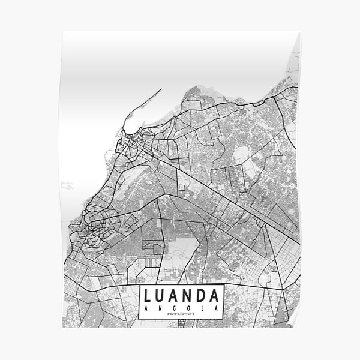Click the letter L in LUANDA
coord(148,296)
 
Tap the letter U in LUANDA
coord(162,296)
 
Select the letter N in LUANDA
coord(191,296)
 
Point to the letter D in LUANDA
coord(205,296)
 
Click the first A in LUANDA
coord(176,296)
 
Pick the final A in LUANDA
coord(218,296)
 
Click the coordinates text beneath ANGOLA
coord(182,314)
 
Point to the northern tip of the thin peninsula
coord(161,89)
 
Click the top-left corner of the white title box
coord(140,286)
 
